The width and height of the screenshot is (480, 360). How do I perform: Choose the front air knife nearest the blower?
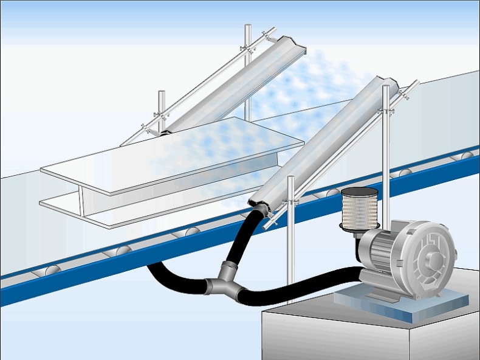[x=328, y=140]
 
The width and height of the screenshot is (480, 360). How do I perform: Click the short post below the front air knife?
[x=290, y=243]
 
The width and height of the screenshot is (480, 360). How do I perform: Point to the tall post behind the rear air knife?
[x=248, y=73]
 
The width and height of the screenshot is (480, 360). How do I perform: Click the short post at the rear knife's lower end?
[x=162, y=109]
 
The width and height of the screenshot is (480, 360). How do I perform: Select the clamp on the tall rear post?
[x=247, y=48]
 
